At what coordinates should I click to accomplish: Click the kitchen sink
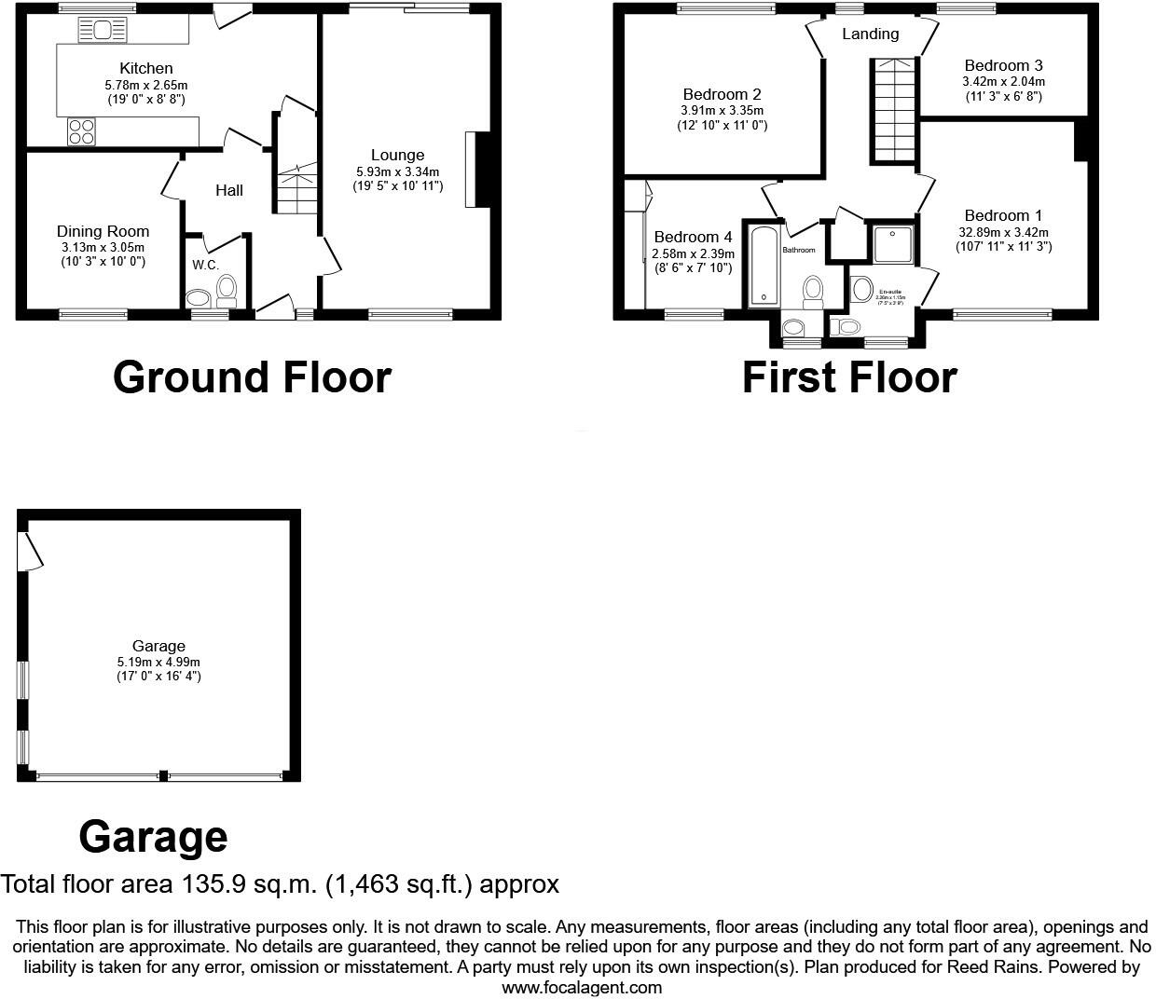click(102, 31)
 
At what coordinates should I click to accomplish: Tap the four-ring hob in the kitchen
click(80, 131)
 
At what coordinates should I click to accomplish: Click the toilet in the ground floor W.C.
click(226, 292)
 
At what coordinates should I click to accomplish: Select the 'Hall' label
click(229, 190)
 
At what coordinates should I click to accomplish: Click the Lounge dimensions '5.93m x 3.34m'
click(397, 171)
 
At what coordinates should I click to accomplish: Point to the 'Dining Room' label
click(103, 231)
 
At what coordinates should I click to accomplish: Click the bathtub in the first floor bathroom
click(763, 265)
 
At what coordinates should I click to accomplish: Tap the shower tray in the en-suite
click(892, 244)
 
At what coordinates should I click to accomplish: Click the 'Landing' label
click(870, 34)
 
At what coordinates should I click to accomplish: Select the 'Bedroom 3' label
click(1003, 65)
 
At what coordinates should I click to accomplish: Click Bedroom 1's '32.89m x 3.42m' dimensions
click(1003, 232)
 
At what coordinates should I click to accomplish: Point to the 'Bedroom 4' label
click(693, 238)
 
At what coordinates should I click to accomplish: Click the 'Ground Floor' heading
click(252, 377)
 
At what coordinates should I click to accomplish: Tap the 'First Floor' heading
click(849, 377)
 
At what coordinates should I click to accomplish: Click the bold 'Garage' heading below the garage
click(153, 836)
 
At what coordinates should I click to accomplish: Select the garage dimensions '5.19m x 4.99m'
click(158, 662)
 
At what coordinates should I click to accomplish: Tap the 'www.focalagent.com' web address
click(582, 987)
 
